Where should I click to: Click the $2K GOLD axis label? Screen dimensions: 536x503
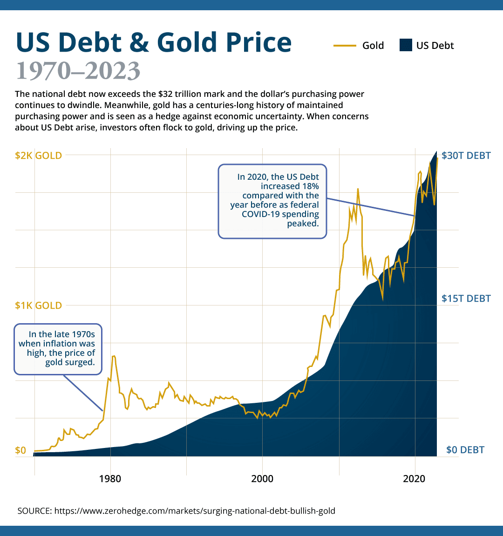[x=38, y=156]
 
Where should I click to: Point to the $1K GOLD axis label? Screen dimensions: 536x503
[x=38, y=305]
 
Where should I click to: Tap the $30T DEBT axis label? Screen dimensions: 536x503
[x=466, y=156]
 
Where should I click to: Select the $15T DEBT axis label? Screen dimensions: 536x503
[x=466, y=298]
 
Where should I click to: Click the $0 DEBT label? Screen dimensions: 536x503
[x=465, y=450]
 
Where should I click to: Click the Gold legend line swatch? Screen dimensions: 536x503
[x=345, y=46]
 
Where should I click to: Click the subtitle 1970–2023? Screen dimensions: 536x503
[x=78, y=71]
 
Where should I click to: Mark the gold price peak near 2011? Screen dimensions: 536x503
[x=358, y=189]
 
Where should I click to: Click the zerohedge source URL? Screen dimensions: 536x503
[x=195, y=511]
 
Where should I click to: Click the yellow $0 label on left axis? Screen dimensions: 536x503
[x=20, y=450]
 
